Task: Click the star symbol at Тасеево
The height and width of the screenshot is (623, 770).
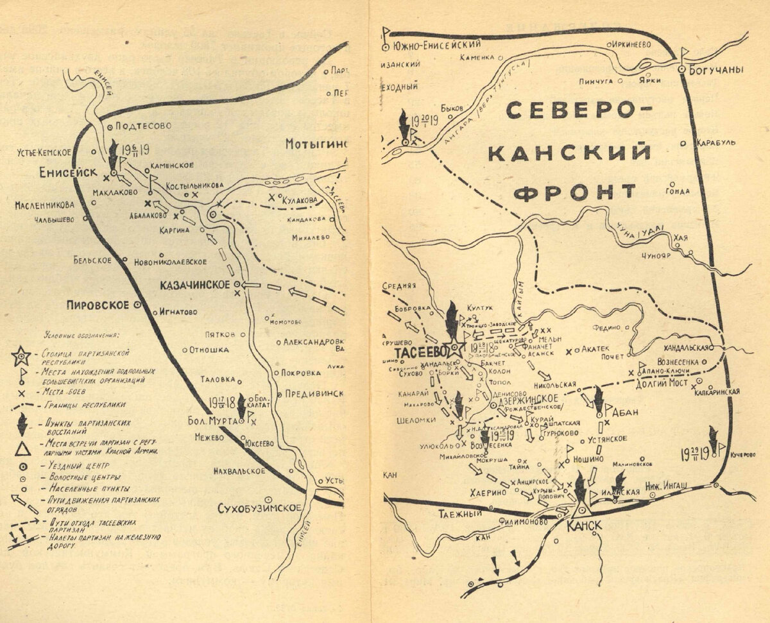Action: [x=456, y=348]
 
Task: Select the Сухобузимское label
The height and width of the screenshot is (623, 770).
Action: [x=259, y=507]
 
